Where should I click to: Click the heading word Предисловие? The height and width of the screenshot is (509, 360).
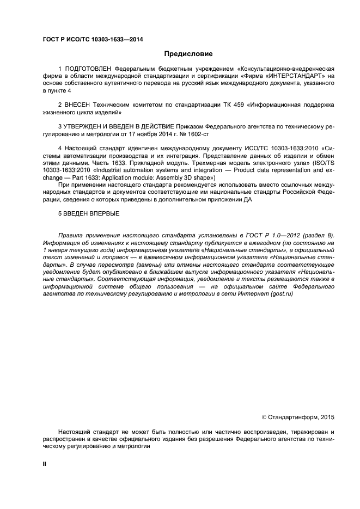(x=188, y=54)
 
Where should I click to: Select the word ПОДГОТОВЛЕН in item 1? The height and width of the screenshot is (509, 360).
(x=89, y=69)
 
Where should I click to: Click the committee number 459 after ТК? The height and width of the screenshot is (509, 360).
(x=215, y=104)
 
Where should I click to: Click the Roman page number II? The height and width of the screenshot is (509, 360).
(x=45, y=464)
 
